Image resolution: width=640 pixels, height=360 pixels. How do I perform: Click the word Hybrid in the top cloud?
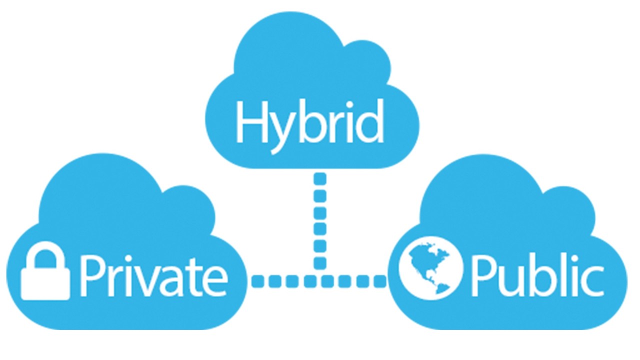(x=309, y=125)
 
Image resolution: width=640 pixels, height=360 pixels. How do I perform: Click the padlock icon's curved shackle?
(x=45, y=255)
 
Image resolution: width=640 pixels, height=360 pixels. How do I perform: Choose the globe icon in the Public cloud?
(x=430, y=267)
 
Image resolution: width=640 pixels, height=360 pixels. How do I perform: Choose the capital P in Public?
(x=483, y=275)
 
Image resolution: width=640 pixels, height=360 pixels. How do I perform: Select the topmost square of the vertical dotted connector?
(x=320, y=178)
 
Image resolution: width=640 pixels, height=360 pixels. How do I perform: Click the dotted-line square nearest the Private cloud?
(x=258, y=281)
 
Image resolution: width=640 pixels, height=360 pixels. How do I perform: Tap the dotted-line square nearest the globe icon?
(x=379, y=281)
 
